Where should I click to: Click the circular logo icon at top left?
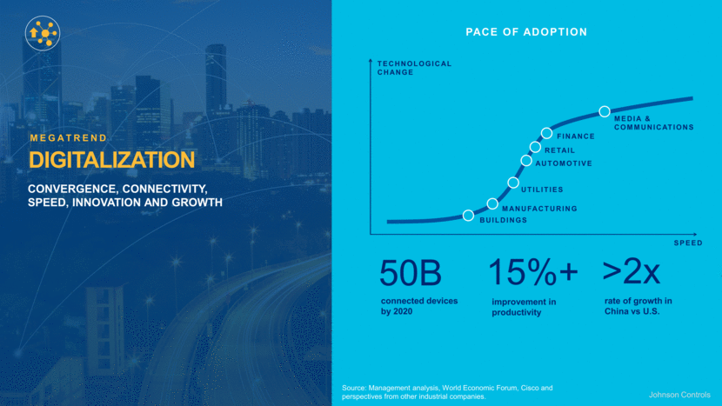coord(42,33)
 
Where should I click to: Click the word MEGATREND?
coord(69,137)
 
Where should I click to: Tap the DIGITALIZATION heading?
coord(111,160)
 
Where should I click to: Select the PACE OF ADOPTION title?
coord(526,32)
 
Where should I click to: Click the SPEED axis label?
coord(687,243)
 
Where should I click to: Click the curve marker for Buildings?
coord(469,216)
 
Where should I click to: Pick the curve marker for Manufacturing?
coord(492,203)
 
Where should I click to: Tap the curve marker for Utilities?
coord(513,183)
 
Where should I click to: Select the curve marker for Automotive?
coord(526,160)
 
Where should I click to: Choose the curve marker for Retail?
coord(535,147)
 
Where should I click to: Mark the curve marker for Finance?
coord(546,133)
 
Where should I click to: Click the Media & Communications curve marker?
coord(604,111)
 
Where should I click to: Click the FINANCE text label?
coord(576,136)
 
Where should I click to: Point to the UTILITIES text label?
coord(542,190)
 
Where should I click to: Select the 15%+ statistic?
coord(532,273)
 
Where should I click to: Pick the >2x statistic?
coord(632,272)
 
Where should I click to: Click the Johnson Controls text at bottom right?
coord(679,394)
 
